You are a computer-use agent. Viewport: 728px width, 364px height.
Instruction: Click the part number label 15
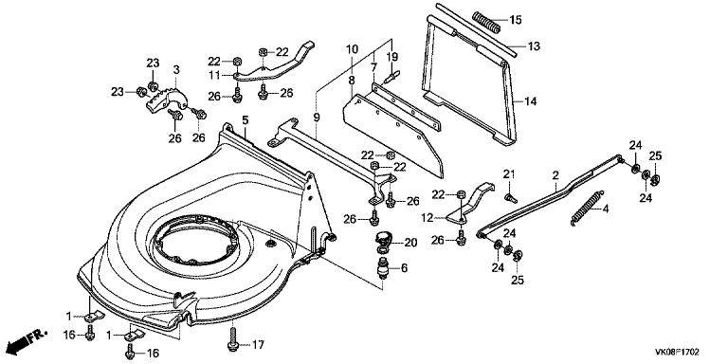click(x=516, y=20)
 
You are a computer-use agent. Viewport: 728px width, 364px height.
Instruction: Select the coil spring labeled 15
click(x=486, y=23)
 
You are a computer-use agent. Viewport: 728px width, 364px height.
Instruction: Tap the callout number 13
click(x=534, y=45)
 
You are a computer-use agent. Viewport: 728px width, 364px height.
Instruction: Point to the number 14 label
click(x=530, y=100)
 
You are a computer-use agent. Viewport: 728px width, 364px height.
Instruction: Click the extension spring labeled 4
click(x=587, y=209)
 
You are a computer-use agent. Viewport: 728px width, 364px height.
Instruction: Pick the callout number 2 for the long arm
click(x=555, y=175)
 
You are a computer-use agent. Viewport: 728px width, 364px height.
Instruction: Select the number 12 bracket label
click(x=428, y=217)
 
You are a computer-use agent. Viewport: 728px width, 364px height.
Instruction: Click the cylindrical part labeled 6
click(x=384, y=269)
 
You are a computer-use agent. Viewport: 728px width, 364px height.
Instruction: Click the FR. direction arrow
click(x=27, y=339)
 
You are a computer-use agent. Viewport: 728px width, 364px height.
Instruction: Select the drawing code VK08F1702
click(x=677, y=353)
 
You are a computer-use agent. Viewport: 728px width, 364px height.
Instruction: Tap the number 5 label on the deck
click(x=246, y=120)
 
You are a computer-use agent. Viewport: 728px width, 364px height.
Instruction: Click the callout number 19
click(x=392, y=58)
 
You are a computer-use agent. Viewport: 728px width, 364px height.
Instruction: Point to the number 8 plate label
click(x=352, y=80)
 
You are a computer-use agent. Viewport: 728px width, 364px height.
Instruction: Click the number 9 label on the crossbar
click(x=317, y=117)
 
